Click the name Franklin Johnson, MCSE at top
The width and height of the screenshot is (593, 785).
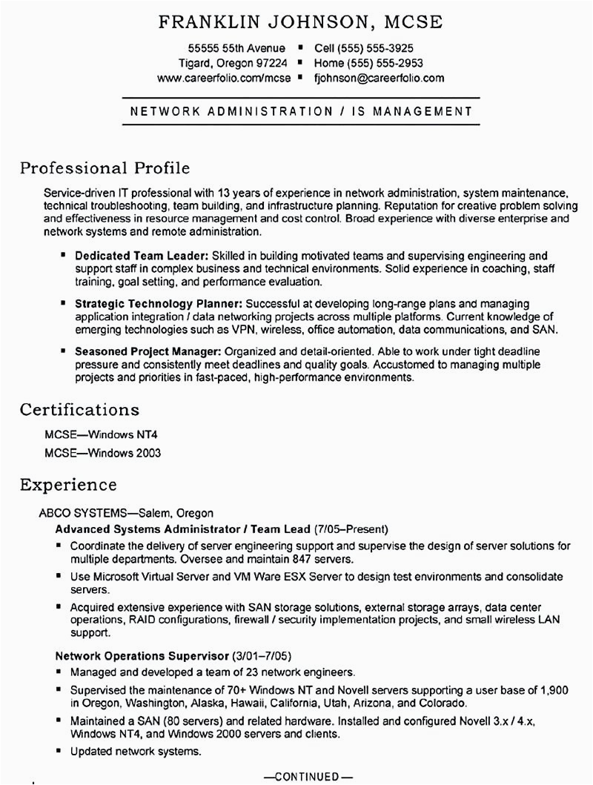300,22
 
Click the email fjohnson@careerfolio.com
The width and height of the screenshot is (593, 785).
379,77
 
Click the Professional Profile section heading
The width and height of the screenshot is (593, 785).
105,168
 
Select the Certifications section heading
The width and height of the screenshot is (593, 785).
79,409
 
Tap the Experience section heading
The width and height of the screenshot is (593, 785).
68,485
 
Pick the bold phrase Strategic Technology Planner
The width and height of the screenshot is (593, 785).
159,304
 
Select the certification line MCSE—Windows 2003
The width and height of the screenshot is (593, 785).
102,452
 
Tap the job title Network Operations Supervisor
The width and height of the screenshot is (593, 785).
142,656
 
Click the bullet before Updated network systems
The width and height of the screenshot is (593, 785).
59,751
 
